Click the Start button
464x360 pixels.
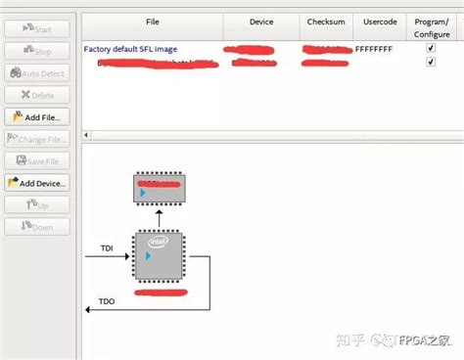[x=37, y=29]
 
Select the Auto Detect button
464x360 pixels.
[x=37, y=73]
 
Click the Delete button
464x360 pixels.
[x=37, y=95]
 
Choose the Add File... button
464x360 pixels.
[x=37, y=117]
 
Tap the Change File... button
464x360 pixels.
[x=37, y=139]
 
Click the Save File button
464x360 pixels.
[x=37, y=160]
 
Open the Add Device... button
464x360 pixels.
[x=37, y=183]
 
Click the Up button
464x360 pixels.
[x=37, y=204]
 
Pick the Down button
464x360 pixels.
[x=37, y=227]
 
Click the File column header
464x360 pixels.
[x=152, y=21]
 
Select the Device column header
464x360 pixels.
[x=260, y=21]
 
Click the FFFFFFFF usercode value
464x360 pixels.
[x=374, y=47]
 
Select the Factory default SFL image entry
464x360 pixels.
[x=132, y=47]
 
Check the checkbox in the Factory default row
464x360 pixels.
[x=431, y=47]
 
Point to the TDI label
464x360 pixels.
[x=107, y=248]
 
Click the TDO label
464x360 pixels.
[x=107, y=302]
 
